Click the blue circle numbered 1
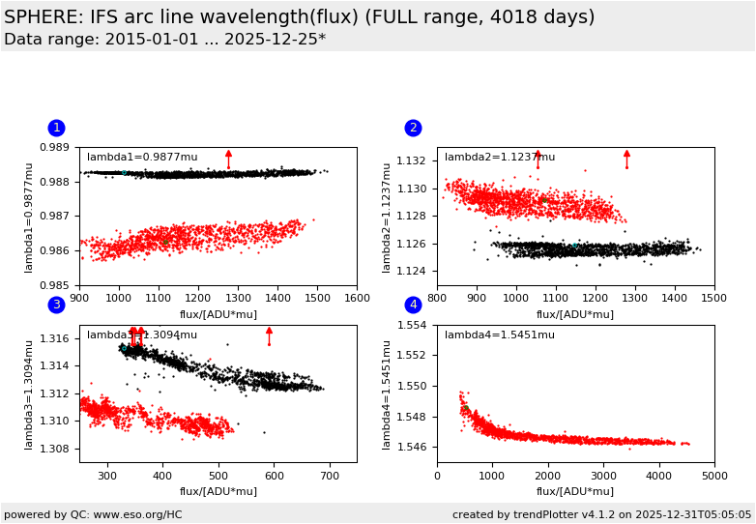click(x=56, y=128)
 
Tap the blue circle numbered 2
click(x=413, y=128)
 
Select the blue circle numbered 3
click(x=56, y=305)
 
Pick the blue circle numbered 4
click(x=413, y=305)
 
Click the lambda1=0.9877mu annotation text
click(x=142, y=158)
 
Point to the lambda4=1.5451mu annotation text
click(x=500, y=335)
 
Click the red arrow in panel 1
click(x=228, y=159)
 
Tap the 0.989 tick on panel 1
click(x=61, y=148)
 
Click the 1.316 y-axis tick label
click(x=61, y=339)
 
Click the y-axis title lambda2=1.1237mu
click(x=387, y=217)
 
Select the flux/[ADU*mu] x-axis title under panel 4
click(x=575, y=491)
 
